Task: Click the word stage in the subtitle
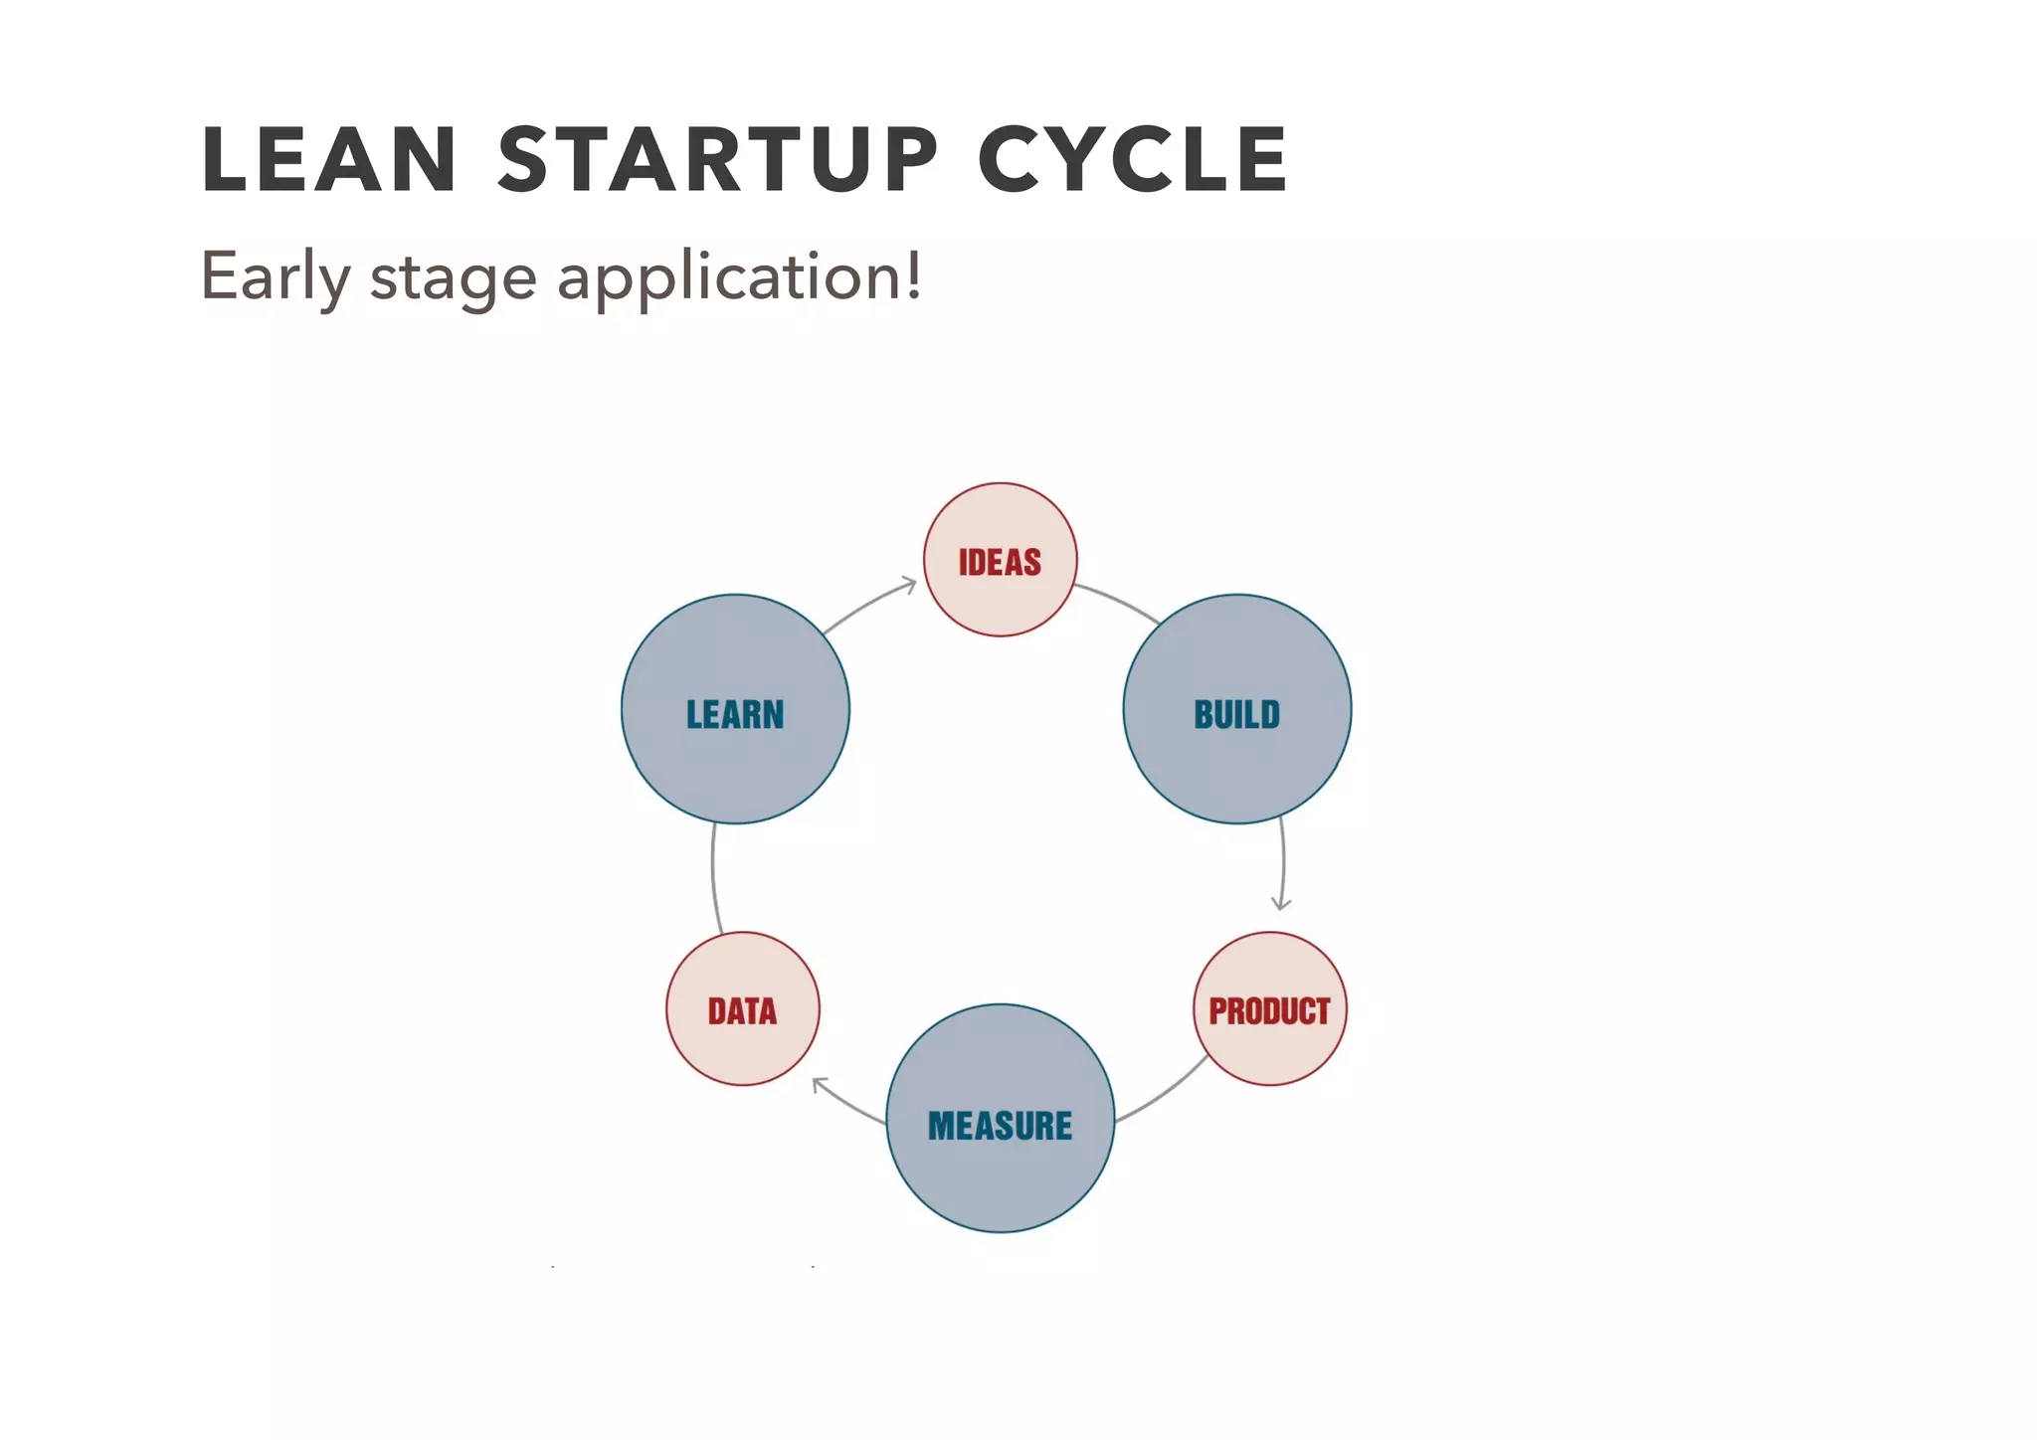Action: coord(454,278)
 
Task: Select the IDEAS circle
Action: coord(1000,560)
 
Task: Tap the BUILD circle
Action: coord(1236,709)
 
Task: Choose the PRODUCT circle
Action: coord(1269,1008)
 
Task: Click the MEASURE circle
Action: coord(1000,1119)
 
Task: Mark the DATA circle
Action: coord(742,1008)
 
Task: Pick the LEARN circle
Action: coord(735,709)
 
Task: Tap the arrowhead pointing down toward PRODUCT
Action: coord(1281,903)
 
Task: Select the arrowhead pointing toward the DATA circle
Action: coord(820,1084)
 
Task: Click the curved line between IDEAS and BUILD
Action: coord(1119,601)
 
